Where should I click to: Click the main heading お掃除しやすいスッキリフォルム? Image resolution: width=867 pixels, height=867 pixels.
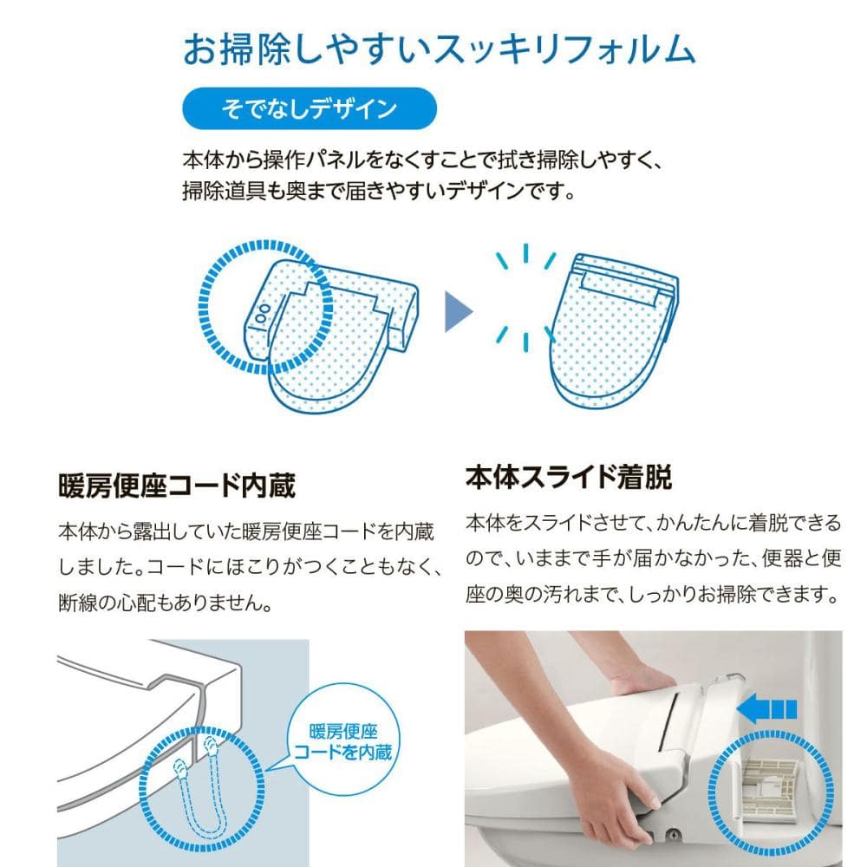click(x=439, y=49)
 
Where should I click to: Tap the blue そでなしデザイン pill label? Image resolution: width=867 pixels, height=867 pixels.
click(x=310, y=108)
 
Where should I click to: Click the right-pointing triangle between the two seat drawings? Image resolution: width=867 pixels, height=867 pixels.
click(x=459, y=311)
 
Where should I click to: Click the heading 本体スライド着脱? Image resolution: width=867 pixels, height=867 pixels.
click(x=569, y=477)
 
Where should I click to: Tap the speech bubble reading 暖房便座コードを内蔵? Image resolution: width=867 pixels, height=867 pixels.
click(x=342, y=741)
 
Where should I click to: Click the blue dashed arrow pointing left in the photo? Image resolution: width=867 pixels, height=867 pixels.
click(x=767, y=708)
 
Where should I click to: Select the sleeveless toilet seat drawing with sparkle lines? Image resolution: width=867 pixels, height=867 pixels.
click(x=614, y=329)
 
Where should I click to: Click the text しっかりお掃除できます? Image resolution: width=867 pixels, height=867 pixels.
click(x=733, y=595)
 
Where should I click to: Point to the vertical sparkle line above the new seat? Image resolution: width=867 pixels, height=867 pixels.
click(x=525, y=252)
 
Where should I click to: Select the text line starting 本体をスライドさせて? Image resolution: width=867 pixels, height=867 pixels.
click(x=653, y=523)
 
